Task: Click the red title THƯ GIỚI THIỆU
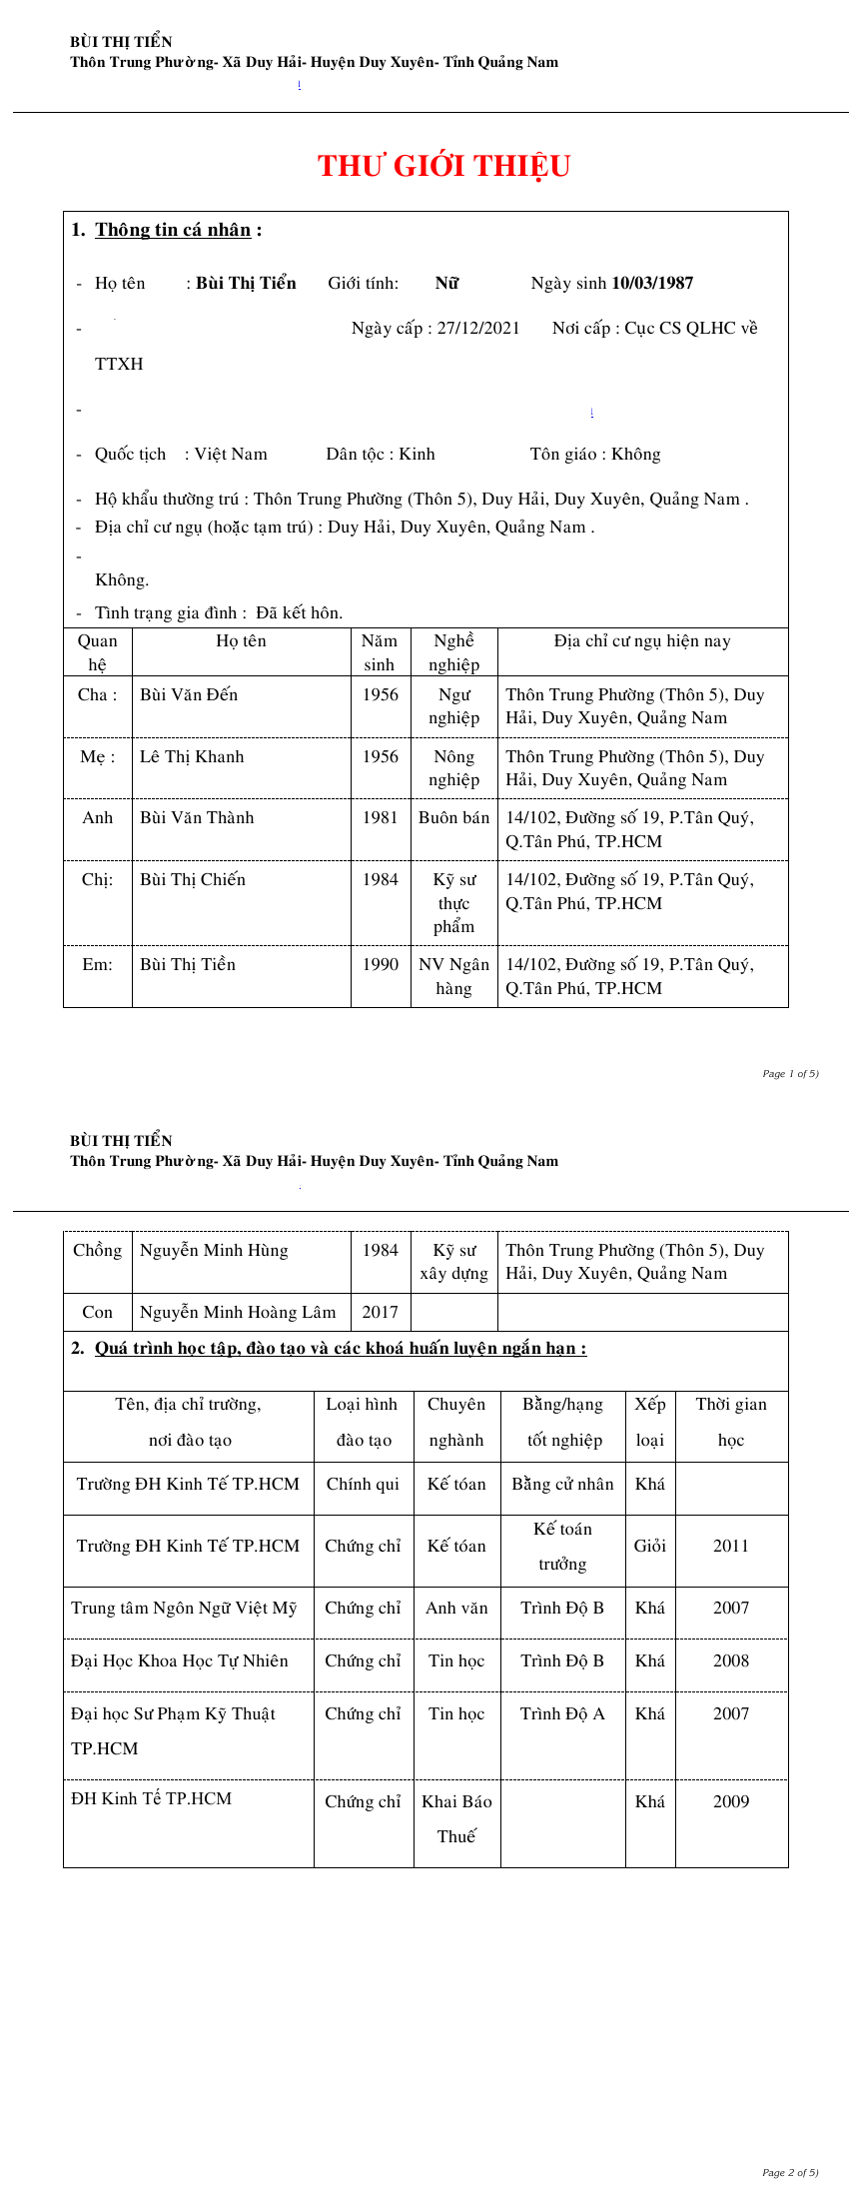point(443,166)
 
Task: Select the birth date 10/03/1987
point(652,284)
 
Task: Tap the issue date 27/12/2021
point(478,329)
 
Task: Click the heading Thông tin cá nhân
point(173,230)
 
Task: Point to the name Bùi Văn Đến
point(189,695)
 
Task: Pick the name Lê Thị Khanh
point(192,757)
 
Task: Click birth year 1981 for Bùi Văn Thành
point(380,818)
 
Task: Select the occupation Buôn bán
point(453,818)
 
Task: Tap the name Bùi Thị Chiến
point(193,880)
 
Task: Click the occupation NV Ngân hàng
point(453,976)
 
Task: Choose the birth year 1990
point(380,965)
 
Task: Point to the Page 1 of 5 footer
point(790,1074)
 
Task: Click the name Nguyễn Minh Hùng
point(214,1251)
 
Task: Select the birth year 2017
point(380,1313)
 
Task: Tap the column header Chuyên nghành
point(456,1422)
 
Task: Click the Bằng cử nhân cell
point(562,1485)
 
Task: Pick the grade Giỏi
point(650,1547)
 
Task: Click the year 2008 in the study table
point(731,1661)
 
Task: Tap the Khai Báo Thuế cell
point(456,1819)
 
